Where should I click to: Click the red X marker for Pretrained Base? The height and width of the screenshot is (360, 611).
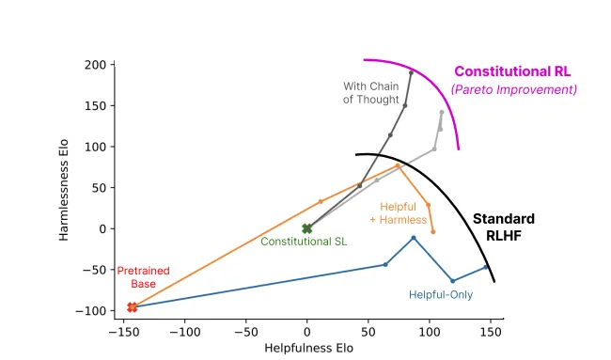tap(133, 307)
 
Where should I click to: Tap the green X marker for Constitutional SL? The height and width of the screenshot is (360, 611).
tap(306, 228)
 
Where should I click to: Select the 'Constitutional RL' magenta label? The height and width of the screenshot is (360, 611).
tap(511, 71)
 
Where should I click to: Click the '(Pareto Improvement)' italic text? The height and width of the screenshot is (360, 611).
tap(513, 90)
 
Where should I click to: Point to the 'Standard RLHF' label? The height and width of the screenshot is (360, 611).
tap(503, 227)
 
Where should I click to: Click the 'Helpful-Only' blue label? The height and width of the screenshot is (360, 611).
tap(440, 294)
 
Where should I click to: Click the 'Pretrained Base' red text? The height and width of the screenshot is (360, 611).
tap(143, 277)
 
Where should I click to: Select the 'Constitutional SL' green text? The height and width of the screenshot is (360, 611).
tap(303, 242)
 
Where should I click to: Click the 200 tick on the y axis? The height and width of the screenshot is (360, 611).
tap(92, 65)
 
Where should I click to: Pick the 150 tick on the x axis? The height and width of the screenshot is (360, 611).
tap(491, 331)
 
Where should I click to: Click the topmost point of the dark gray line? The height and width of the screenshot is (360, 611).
tap(411, 72)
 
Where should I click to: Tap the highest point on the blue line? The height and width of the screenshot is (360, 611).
tap(414, 238)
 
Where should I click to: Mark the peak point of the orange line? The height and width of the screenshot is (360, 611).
tap(398, 165)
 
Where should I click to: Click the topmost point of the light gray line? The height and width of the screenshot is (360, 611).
tap(441, 112)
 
